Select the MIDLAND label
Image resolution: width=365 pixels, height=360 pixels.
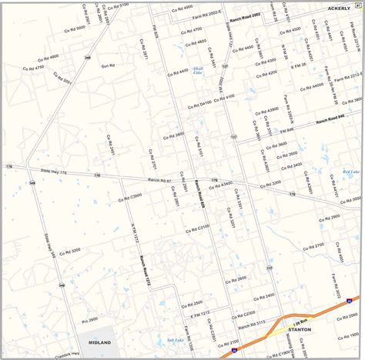click(99, 342)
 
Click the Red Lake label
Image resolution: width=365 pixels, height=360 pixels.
click(350, 172)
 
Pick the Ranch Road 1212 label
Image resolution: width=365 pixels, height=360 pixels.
click(144, 271)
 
